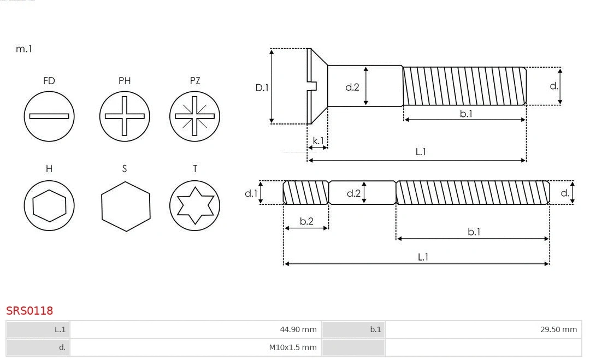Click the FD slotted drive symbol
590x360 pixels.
tap(49, 116)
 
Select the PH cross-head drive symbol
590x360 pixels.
tap(125, 116)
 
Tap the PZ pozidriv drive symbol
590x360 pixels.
tap(194, 116)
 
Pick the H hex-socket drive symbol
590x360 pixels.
tap(49, 206)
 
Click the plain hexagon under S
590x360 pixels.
tap(126, 206)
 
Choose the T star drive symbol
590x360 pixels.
tap(194, 206)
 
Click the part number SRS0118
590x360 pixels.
tap(29, 310)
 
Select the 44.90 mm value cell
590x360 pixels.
tap(195, 329)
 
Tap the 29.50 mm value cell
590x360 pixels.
tap(483, 329)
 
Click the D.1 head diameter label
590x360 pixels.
tap(262, 87)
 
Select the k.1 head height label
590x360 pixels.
tap(318, 140)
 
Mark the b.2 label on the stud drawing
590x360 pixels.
tap(306, 221)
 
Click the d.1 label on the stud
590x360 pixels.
tap(250, 193)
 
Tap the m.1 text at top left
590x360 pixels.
tap(24, 49)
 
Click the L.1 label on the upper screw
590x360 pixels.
tap(421, 152)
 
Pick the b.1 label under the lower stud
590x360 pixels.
tap(474, 232)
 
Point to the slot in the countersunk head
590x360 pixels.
tap(313, 86)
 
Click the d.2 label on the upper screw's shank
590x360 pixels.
tap(352, 87)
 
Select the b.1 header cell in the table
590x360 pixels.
tap(353, 329)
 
